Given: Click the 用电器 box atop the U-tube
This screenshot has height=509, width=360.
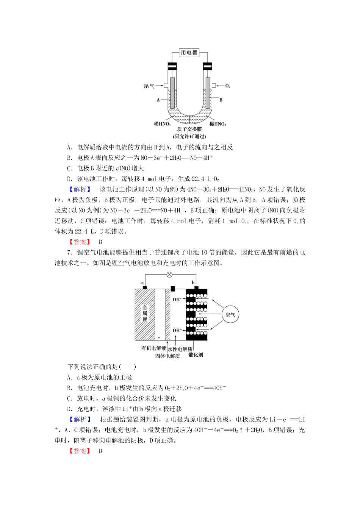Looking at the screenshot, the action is tap(189, 53).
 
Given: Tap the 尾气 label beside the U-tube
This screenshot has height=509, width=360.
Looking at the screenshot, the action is tap(149, 86).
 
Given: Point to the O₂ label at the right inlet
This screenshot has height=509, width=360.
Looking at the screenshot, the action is tap(228, 86).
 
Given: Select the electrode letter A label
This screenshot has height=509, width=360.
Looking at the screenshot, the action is tap(158, 100).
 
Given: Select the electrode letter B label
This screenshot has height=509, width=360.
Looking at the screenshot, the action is tap(221, 100).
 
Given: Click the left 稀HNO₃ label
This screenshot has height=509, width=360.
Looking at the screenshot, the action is tap(162, 124).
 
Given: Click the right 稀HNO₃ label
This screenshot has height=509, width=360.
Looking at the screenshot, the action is tap(218, 124).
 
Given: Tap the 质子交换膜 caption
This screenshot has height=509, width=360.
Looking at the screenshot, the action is tap(189, 130).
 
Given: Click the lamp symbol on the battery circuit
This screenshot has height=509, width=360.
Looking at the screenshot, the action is tap(169, 275).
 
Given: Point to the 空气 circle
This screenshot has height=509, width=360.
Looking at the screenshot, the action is tap(230, 315).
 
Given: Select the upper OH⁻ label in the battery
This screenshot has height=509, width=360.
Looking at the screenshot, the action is tap(177, 300).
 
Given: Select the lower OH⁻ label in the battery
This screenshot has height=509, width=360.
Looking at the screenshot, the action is tap(177, 330).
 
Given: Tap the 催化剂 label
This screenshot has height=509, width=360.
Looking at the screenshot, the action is tap(196, 355).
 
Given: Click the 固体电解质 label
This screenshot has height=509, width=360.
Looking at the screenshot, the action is tap(167, 356).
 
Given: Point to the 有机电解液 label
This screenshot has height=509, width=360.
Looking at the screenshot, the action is tap(153, 348).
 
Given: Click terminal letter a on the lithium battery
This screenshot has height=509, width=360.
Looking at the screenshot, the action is tap(142, 283).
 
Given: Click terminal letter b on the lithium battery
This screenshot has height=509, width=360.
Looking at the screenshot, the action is tap(193, 283).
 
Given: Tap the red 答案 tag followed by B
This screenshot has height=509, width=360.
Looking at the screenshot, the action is tap(80, 242).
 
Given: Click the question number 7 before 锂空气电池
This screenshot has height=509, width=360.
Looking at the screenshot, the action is tap(69, 253).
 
